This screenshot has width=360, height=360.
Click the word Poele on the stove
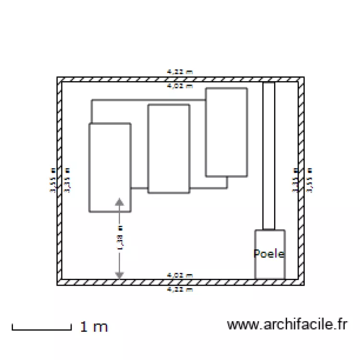(x=269, y=254)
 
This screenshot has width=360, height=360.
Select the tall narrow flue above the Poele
(x=269, y=156)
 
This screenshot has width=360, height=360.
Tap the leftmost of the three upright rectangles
(x=110, y=167)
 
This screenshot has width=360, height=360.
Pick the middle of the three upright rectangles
(x=168, y=149)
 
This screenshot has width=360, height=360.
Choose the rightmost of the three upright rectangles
(x=227, y=132)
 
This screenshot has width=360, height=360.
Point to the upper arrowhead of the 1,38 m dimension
(x=120, y=202)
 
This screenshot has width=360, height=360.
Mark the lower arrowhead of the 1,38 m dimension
(x=120, y=275)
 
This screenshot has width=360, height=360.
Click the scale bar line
(x=41, y=329)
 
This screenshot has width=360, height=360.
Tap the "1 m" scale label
(x=94, y=327)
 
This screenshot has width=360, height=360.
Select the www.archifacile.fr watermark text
(x=287, y=325)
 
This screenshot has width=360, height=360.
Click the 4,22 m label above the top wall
(x=180, y=72)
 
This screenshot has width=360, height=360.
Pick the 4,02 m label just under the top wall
(x=180, y=86)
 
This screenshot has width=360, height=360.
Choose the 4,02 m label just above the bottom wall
(x=180, y=276)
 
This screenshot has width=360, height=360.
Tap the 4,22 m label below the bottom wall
(x=180, y=289)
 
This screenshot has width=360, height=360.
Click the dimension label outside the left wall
(x=52, y=180)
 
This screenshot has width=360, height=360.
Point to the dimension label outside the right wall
(x=310, y=180)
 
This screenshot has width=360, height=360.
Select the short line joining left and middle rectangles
(x=139, y=188)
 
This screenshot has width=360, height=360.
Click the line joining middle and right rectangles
(x=209, y=188)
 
